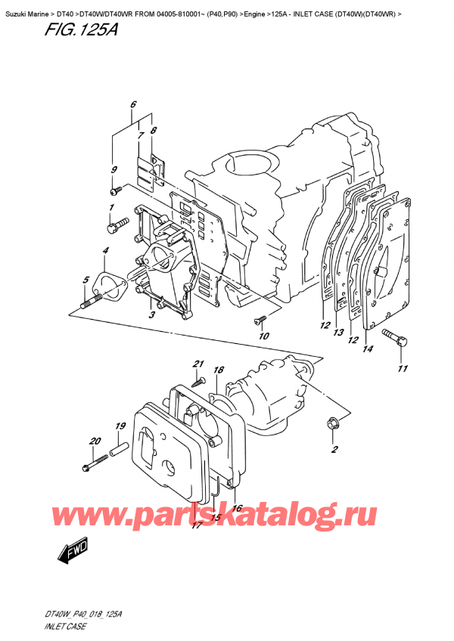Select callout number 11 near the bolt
point(403,368)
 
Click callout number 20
point(95,441)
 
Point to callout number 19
point(120,427)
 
